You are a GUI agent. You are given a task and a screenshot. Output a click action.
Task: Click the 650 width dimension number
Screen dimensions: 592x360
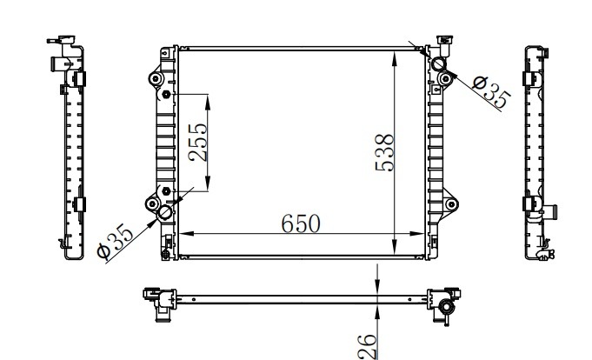pyautogui.click(x=301, y=223)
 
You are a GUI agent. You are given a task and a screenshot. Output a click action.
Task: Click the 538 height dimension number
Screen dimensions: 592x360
pyautogui.click(x=385, y=152)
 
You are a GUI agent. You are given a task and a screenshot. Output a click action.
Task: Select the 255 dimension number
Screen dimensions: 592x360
pyautogui.click(x=198, y=143)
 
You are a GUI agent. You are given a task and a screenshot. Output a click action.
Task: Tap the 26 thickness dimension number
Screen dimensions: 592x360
pyautogui.click(x=368, y=347)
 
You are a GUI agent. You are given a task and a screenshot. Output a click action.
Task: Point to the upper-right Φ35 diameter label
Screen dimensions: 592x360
pyautogui.click(x=491, y=92)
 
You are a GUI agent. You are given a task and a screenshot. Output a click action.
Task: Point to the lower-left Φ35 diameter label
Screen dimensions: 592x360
pyautogui.click(x=115, y=242)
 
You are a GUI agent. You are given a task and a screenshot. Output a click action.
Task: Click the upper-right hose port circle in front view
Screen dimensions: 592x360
pyautogui.click(x=439, y=63)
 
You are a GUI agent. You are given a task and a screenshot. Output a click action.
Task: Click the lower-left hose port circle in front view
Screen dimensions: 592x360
pyautogui.click(x=165, y=213)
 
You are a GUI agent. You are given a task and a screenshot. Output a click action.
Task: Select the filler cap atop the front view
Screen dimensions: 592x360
pyautogui.click(x=444, y=40)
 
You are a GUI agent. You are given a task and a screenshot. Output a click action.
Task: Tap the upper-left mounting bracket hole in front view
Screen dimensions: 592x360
pyautogui.click(x=156, y=79)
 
